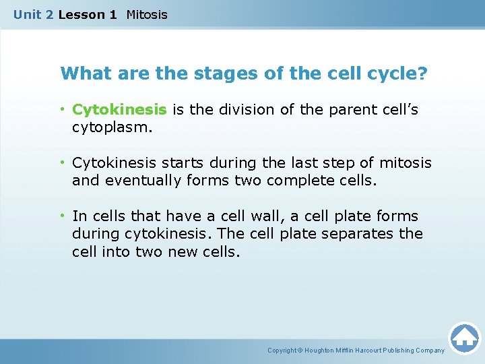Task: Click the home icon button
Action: [x=464, y=338]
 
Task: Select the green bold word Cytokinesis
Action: [x=119, y=109]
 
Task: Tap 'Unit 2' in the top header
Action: [x=33, y=14]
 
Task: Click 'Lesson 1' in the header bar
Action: [x=88, y=14]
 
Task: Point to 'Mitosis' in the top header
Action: [x=147, y=14]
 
